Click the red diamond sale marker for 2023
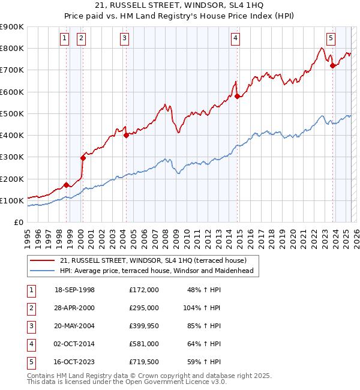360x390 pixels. pyautogui.click(x=332, y=66)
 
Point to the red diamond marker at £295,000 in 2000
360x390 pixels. pyautogui.click(x=83, y=158)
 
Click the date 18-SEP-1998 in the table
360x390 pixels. pyautogui.click(x=74, y=290)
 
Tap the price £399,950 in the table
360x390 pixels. pyautogui.click(x=143, y=326)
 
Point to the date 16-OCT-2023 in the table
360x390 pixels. pyautogui.click(x=74, y=362)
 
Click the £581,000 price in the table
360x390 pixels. pyautogui.click(x=143, y=344)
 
